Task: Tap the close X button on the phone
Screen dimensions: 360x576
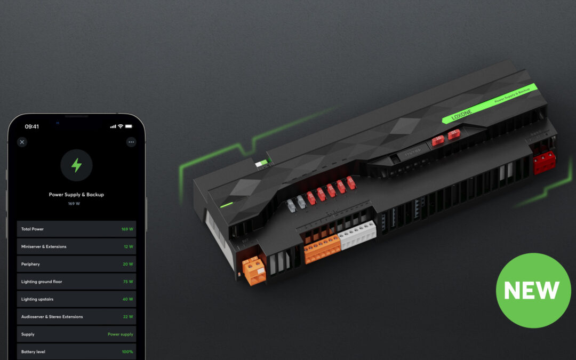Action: pos(22,142)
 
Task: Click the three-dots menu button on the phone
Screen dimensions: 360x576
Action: pos(131,142)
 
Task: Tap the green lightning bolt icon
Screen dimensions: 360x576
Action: pos(76,165)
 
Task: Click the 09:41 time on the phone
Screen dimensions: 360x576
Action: pos(32,126)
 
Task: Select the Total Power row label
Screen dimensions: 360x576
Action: pos(33,229)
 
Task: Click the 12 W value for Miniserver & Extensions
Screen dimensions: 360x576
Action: pos(128,246)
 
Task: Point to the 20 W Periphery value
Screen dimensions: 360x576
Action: pos(128,264)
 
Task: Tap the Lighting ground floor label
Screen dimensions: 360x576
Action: pos(42,282)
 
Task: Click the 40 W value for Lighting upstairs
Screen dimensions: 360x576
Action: pos(128,299)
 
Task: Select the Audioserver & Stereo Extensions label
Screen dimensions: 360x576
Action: pos(52,317)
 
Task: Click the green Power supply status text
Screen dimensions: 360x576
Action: pos(121,334)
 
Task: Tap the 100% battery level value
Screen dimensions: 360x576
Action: pos(127,352)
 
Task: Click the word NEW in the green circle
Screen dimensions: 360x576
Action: pos(532,290)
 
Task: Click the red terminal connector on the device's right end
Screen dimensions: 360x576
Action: pos(545,162)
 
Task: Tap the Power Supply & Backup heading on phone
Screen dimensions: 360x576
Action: pos(76,195)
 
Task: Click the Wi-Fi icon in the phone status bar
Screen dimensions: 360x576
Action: pos(121,126)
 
